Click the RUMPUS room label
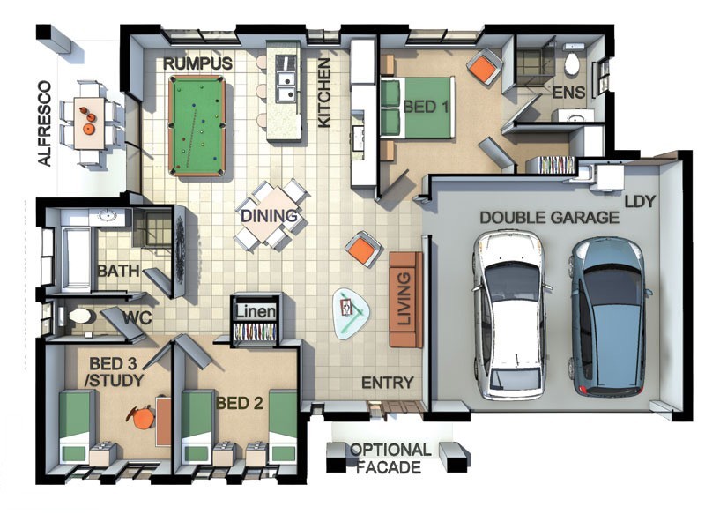[197, 63]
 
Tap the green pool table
[197, 126]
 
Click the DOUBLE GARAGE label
[549, 218]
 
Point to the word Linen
[256, 312]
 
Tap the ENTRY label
[388, 383]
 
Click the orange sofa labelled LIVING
[405, 300]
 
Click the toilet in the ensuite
[572, 62]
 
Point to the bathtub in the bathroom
[75, 259]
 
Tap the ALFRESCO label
[45, 123]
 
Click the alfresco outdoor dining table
[90, 123]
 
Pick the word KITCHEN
[324, 93]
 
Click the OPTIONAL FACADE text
[390, 458]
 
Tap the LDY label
[640, 201]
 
